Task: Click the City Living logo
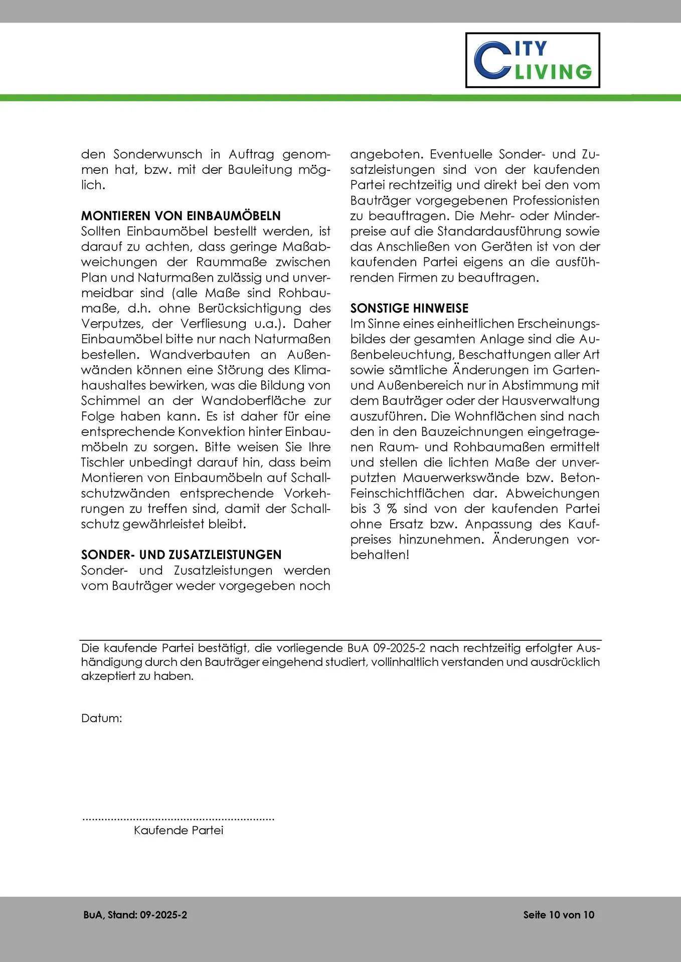533,60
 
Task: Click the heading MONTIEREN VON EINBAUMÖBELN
181,216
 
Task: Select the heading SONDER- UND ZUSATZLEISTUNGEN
181,555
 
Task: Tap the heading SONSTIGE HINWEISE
409,308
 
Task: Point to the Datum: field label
101,718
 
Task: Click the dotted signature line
178,819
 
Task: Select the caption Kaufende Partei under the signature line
178,830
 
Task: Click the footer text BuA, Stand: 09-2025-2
135,915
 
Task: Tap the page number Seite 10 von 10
559,915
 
